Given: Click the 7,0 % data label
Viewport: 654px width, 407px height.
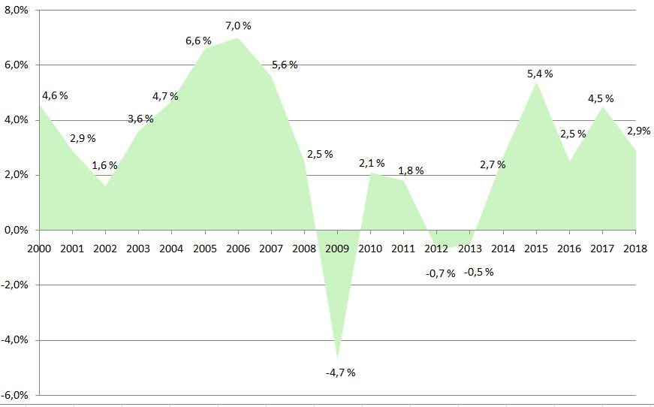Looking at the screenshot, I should click(x=238, y=26).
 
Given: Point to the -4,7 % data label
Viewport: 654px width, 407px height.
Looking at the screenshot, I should click(x=340, y=372).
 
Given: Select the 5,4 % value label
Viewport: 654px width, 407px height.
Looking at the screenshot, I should click(x=540, y=74).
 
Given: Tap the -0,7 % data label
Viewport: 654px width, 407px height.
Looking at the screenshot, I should click(x=440, y=273).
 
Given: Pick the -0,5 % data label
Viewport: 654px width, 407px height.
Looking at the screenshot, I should click(x=478, y=272).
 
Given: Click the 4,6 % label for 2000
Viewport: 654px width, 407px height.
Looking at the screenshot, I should click(x=55, y=95).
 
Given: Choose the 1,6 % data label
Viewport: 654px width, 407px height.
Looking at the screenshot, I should click(x=104, y=166).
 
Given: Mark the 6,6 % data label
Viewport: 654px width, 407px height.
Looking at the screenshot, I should click(x=198, y=41).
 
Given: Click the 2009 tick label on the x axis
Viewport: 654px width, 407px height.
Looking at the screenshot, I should click(x=337, y=249).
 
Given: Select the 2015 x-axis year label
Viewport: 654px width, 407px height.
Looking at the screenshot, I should click(x=537, y=249).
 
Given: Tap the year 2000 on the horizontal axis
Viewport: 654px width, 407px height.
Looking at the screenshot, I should click(x=38, y=249).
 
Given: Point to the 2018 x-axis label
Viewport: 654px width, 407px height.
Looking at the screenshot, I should click(x=636, y=249).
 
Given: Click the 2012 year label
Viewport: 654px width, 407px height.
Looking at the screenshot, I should click(x=437, y=249).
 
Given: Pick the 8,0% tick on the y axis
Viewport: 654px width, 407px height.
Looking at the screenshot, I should click(x=16, y=11).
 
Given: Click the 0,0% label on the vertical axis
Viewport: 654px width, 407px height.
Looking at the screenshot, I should click(x=16, y=230).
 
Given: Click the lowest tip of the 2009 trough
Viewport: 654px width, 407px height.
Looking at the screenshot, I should click(x=338, y=358).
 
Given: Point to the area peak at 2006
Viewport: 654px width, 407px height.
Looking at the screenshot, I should click(x=238, y=38).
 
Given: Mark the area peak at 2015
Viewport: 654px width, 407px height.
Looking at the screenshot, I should click(x=537, y=82).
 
